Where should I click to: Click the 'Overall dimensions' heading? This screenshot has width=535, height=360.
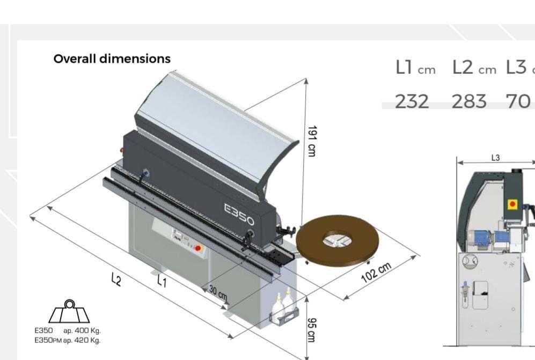pos(112,58)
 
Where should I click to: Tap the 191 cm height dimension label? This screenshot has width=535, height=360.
pos(312,141)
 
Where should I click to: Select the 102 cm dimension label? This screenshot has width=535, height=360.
pos(376,273)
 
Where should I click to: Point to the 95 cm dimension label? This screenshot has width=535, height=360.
pos(312,330)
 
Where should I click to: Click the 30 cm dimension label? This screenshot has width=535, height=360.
pos(218,292)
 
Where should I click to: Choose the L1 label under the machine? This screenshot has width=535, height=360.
pos(162,281)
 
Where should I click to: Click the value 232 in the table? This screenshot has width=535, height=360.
pos(412,102)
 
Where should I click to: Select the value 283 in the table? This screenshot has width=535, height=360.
pos(469,102)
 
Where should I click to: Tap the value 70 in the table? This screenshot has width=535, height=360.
pos(518,102)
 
